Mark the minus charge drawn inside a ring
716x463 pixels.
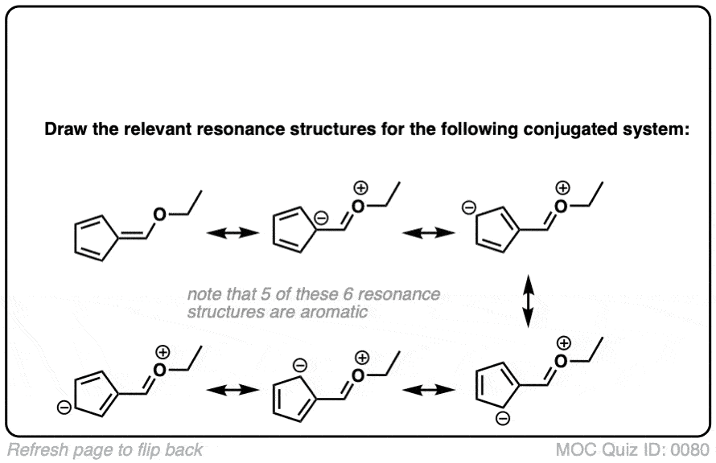pos(320,217)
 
